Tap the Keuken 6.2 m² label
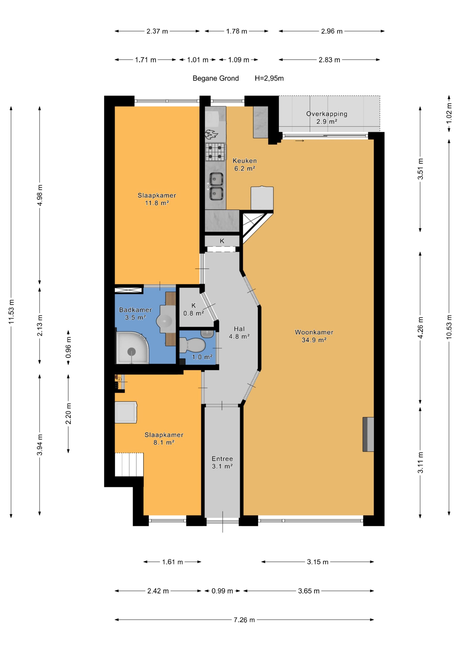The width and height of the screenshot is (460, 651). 245,165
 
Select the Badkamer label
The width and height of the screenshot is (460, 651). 135,310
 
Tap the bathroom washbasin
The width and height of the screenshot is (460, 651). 164,321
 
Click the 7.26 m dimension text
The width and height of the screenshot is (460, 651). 244,620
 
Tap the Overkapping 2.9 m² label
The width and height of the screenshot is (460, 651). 326,117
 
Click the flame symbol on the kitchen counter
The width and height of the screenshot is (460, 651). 211,134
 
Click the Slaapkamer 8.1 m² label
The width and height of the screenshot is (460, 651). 164,438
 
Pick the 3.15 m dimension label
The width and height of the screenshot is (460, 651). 318,562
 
